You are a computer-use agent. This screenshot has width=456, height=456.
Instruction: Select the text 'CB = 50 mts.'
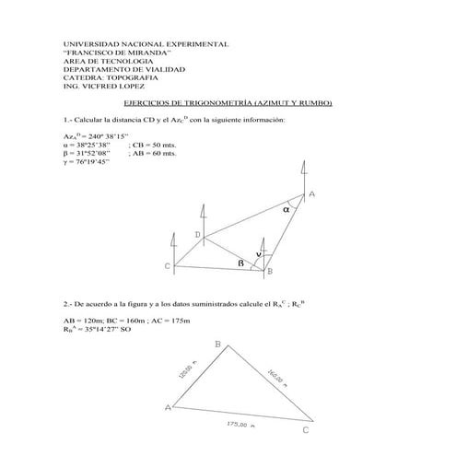145,146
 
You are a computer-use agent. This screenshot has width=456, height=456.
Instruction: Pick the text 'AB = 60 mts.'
145,153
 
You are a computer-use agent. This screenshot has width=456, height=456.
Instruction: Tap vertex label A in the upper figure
312,194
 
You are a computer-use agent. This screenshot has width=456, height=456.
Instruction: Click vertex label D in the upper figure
197,236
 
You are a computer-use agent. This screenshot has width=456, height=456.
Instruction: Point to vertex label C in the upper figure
168,267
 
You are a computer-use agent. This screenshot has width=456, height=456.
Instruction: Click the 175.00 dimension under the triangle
240,425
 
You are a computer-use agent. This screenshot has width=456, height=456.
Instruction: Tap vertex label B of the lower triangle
217,344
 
